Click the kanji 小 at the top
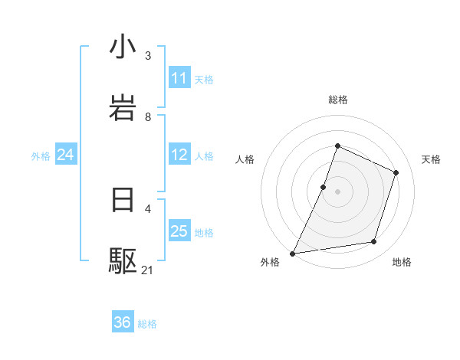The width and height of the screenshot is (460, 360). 123,47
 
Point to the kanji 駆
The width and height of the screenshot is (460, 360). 123,261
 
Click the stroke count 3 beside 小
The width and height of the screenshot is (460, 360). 148,56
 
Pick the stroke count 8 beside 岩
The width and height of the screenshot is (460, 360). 148,117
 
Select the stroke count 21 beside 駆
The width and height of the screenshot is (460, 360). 148,270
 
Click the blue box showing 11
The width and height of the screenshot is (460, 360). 179,78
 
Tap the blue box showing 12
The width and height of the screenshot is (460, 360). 179,155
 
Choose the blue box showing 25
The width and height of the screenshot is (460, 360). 179,231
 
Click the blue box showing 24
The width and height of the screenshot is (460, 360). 66,155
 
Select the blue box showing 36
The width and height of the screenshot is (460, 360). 123,322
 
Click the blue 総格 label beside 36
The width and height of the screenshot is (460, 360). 147,324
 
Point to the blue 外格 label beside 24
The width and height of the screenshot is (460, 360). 41,156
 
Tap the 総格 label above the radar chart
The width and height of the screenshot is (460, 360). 337,100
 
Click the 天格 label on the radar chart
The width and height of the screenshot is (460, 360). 431,159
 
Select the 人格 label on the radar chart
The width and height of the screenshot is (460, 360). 245,159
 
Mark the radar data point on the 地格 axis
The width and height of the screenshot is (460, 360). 374,242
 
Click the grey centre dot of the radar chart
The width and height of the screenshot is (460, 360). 337,191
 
